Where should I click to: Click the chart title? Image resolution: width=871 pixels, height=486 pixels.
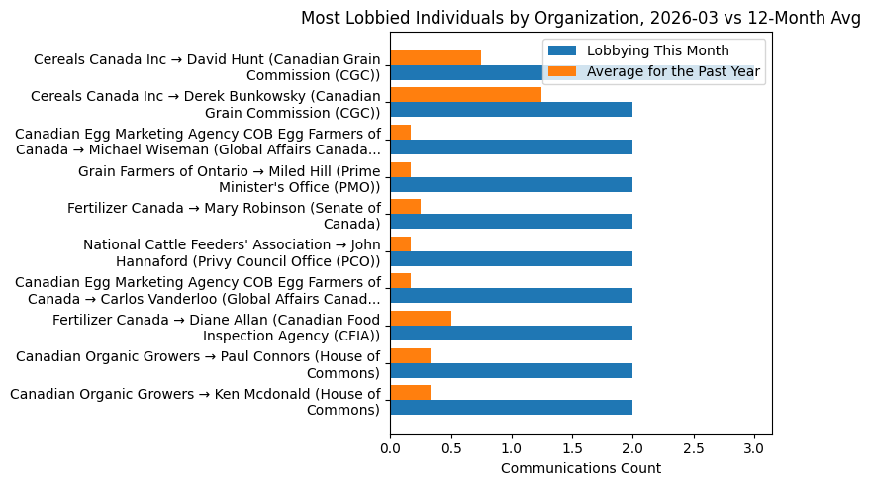(x=580, y=18)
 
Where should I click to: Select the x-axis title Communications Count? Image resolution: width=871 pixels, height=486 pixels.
(x=580, y=468)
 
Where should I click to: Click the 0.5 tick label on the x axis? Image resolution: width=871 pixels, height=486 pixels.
(x=451, y=447)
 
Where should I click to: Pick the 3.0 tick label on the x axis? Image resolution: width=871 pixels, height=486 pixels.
(x=754, y=447)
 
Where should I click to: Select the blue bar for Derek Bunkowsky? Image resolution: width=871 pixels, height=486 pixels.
(x=511, y=110)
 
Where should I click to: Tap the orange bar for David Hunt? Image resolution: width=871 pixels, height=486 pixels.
(x=435, y=57)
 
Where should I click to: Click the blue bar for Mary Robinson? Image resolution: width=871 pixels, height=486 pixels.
(x=511, y=221)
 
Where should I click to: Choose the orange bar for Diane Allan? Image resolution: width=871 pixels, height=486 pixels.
(x=421, y=318)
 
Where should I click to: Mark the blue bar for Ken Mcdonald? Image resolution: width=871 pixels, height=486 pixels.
(x=511, y=407)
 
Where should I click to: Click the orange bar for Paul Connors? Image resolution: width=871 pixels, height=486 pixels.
(x=410, y=355)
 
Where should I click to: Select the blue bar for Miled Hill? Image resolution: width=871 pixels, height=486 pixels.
(x=511, y=184)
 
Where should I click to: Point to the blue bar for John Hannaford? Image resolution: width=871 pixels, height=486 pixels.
(x=511, y=258)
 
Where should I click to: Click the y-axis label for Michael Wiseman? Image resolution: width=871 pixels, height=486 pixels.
(x=198, y=142)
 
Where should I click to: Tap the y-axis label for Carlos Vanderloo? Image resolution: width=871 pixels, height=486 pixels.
(x=198, y=290)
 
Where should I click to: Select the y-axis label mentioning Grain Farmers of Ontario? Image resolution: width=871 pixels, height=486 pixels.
(x=230, y=179)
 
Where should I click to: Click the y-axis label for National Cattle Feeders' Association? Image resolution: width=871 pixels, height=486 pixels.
(x=232, y=253)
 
